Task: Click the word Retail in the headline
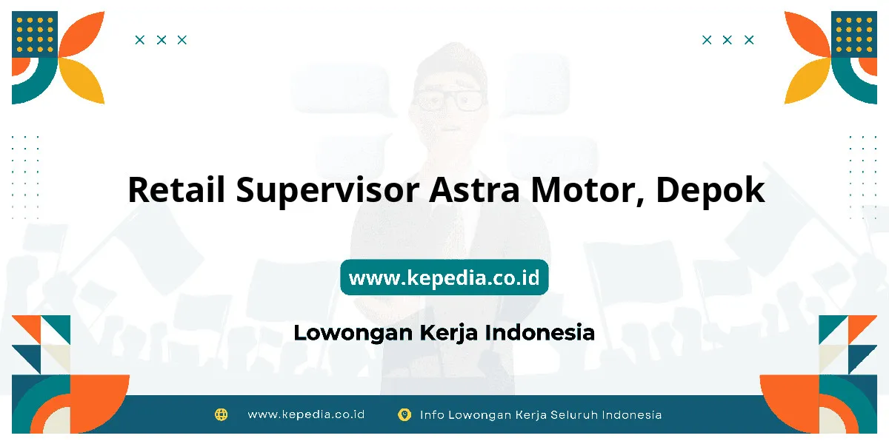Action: (176, 189)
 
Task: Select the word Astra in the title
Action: (475, 190)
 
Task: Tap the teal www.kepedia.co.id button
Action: (444, 277)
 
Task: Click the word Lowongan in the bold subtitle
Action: (353, 334)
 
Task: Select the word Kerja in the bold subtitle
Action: (448, 334)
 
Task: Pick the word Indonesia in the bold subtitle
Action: (540, 332)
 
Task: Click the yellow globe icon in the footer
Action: (221, 414)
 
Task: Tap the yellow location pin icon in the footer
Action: (404, 414)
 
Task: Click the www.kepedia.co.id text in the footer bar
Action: (306, 414)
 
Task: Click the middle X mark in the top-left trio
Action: (162, 40)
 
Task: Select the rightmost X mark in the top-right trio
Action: (749, 40)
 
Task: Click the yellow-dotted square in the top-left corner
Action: (35, 34)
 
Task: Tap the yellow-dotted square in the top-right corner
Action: (854, 34)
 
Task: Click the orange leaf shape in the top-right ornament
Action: (807, 34)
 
